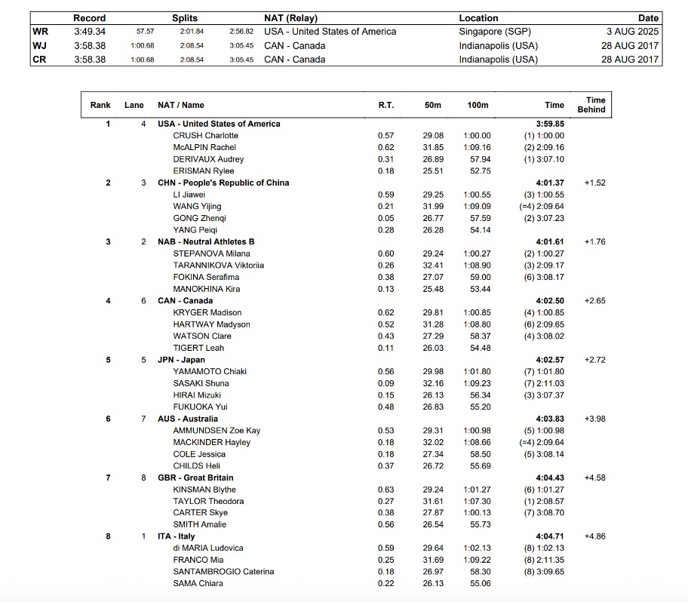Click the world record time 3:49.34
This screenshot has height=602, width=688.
90,32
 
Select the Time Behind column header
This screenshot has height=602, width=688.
591,105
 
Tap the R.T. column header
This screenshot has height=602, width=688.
385,105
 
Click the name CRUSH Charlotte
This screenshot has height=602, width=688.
205,136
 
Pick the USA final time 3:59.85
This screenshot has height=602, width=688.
550,124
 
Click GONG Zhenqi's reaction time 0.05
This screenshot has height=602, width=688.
385,218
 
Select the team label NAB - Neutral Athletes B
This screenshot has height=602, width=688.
206,241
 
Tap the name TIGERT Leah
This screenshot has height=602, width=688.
198,348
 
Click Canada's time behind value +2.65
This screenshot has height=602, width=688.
595,301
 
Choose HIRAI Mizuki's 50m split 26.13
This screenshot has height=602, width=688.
433,395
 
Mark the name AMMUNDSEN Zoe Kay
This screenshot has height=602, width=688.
217,431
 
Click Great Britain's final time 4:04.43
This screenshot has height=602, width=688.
550,478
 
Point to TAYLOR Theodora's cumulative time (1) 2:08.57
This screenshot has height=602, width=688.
544,501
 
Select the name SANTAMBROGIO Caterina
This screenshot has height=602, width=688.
223,572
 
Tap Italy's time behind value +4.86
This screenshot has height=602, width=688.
595,536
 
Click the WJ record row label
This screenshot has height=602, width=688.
39,45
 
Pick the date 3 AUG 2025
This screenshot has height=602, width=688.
632,32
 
